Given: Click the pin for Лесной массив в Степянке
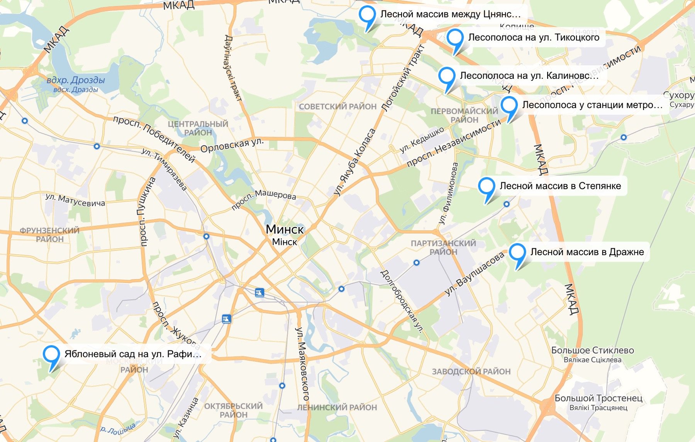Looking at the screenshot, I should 486,188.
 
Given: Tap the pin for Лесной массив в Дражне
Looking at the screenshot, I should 517,254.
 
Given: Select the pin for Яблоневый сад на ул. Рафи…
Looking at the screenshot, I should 51,356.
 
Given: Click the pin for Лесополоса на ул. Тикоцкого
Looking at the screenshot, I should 455,39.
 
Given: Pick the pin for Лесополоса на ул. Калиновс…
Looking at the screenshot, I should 447,77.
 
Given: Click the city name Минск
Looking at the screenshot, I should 285,229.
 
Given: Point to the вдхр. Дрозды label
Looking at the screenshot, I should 76,80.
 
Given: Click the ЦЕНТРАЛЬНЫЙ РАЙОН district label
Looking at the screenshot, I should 198,128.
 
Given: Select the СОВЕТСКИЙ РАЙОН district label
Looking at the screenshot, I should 337,107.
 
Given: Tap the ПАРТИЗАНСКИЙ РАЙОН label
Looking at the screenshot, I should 443,247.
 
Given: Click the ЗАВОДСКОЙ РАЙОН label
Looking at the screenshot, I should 471,371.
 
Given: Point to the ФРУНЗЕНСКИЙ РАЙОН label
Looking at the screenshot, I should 49,235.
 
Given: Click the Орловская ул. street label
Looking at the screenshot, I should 232,145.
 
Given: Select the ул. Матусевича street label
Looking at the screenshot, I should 75,200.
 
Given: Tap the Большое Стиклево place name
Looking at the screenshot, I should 592,351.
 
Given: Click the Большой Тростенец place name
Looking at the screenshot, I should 598,398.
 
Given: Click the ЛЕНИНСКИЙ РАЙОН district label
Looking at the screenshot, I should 337,407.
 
